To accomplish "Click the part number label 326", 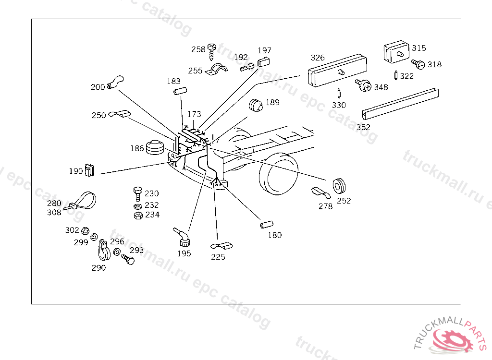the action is tap(318, 58).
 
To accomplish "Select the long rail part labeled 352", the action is tap(400, 104).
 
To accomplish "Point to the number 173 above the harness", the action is tap(194, 114).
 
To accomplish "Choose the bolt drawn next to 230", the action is tap(138, 194).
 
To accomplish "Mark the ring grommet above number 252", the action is tap(339, 186).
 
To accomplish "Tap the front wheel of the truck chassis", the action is tap(278, 174).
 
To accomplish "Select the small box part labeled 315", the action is tap(396, 52).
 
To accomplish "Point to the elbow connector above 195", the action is tap(182, 237).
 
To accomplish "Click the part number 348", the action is tap(381, 87).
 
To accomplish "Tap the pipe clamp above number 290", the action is tap(104, 250).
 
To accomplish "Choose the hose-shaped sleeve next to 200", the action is tap(115, 82).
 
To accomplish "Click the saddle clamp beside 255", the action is tap(216, 70).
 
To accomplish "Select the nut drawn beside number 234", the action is tap(138, 216).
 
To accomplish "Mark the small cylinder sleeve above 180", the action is tap(267, 225).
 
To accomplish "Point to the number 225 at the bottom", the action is tap(218, 257).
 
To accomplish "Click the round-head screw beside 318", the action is tap(418, 64).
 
